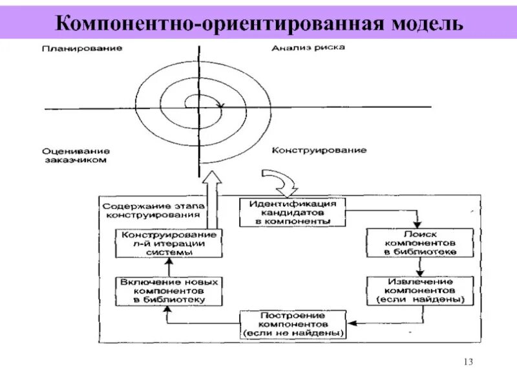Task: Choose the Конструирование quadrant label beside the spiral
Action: [319, 150]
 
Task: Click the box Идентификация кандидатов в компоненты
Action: [293, 211]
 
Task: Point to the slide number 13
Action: [469, 361]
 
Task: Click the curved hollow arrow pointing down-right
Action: [276, 180]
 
